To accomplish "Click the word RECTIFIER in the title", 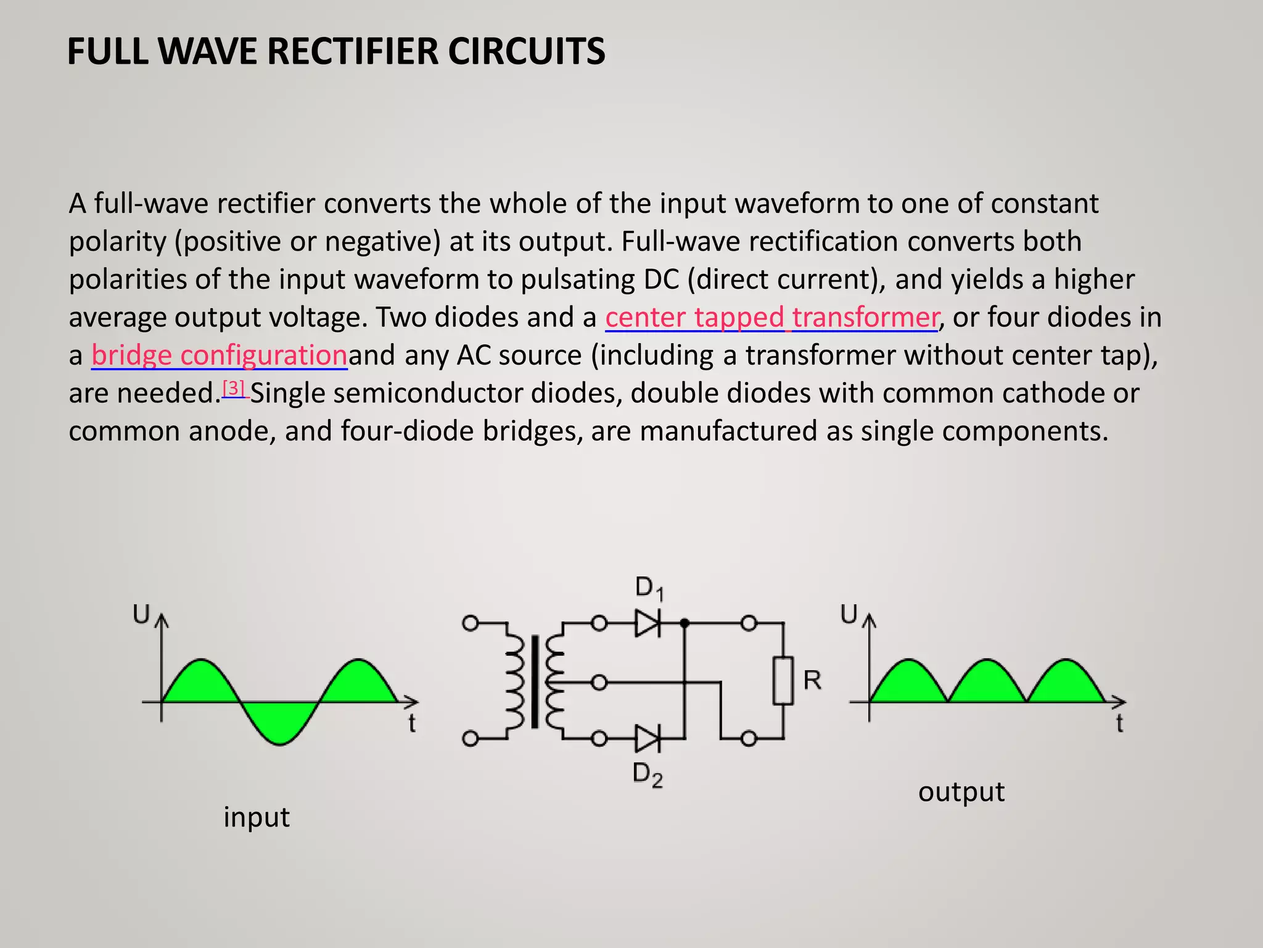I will (x=353, y=51).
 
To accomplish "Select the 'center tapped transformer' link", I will (x=771, y=317).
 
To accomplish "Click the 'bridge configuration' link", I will (x=219, y=355).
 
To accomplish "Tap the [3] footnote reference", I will (x=234, y=389).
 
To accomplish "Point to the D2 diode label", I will (x=648, y=775).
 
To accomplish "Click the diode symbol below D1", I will (x=648, y=623).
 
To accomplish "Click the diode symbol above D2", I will (x=648, y=738).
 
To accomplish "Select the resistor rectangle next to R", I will (x=783, y=681).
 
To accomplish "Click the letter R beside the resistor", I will (x=812, y=680).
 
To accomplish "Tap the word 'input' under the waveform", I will (x=256, y=817).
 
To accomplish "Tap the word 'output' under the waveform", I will (x=961, y=792).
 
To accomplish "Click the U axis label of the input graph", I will (x=142, y=614).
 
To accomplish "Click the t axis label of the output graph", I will (x=1119, y=723).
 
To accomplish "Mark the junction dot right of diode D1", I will (x=684, y=623).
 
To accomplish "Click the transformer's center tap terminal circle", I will (x=599, y=683).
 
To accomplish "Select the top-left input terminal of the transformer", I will (x=471, y=623).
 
